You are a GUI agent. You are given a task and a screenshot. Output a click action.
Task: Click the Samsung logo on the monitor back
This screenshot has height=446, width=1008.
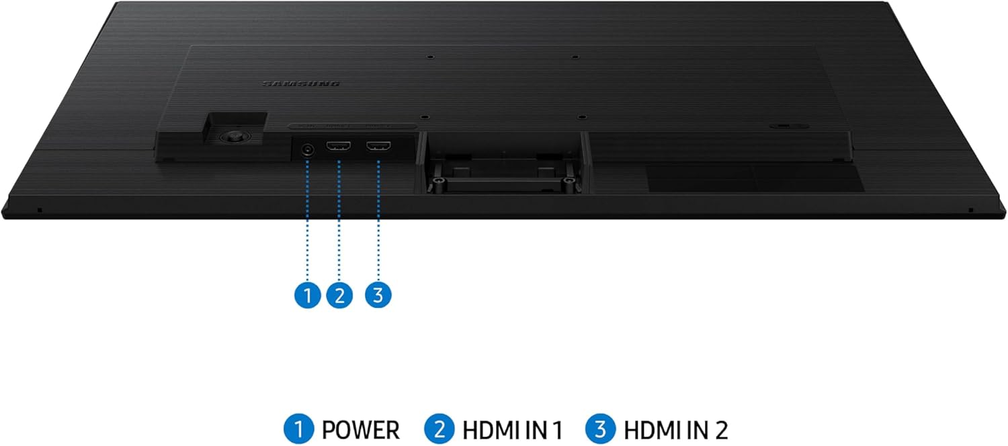pyautogui.click(x=300, y=84)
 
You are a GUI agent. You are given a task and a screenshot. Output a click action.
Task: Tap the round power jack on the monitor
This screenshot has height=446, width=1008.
pyautogui.click(x=308, y=149)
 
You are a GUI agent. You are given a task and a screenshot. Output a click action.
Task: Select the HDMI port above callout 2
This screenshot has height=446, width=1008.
pyautogui.click(x=339, y=148)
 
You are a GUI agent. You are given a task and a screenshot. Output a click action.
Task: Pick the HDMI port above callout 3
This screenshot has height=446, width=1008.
pyautogui.click(x=378, y=148)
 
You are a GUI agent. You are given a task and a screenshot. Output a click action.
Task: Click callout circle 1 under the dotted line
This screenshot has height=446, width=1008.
pyautogui.click(x=308, y=295)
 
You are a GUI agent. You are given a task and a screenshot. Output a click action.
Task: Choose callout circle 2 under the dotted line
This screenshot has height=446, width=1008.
pyautogui.click(x=339, y=295)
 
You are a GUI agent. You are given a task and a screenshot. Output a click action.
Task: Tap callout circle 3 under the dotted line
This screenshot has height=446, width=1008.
pyautogui.click(x=378, y=295)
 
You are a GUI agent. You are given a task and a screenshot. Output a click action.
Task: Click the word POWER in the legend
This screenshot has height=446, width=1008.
pyautogui.click(x=360, y=429)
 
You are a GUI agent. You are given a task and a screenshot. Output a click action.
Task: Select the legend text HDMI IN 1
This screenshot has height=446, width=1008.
pyautogui.click(x=512, y=429)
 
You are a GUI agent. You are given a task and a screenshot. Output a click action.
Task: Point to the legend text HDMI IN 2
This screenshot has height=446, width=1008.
pyautogui.click(x=675, y=429)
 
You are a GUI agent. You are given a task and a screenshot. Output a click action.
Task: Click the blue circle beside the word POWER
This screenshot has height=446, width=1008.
pyautogui.click(x=297, y=429)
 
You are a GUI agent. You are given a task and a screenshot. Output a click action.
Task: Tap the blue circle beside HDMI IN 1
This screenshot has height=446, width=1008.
pyautogui.click(x=438, y=429)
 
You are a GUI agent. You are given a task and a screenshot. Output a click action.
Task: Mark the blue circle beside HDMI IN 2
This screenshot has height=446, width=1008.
pyautogui.click(x=599, y=429)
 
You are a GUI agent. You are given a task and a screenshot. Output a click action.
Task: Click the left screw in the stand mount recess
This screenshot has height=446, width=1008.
pyautogui.click(x=439, y=181)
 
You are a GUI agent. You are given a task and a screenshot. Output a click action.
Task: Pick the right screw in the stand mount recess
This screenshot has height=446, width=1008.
pyautogui.click(x=570, y=181)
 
